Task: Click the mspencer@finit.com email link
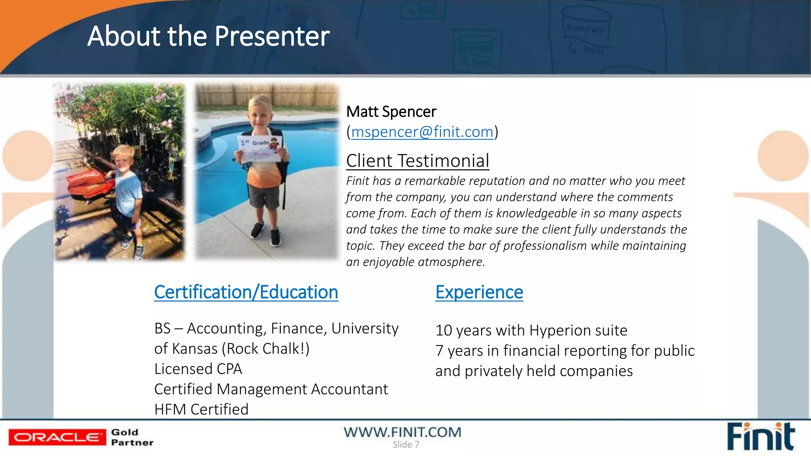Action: point(422,132)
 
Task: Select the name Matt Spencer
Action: point(391,112)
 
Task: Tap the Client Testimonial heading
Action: point(417,161)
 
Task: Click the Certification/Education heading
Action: point(246,292)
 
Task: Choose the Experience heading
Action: point(479,292)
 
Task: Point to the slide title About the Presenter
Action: point(208,36)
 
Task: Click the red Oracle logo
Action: point(57,437)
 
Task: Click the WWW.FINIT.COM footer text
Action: point(402,432)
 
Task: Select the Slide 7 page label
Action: point(406,445)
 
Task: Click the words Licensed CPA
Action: point(198,369)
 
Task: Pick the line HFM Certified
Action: point(201,409)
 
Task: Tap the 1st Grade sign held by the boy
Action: point(260,148)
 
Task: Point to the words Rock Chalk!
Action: point(266,349)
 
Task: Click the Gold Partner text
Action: point(132,437)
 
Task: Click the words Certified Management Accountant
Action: point(271,389)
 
